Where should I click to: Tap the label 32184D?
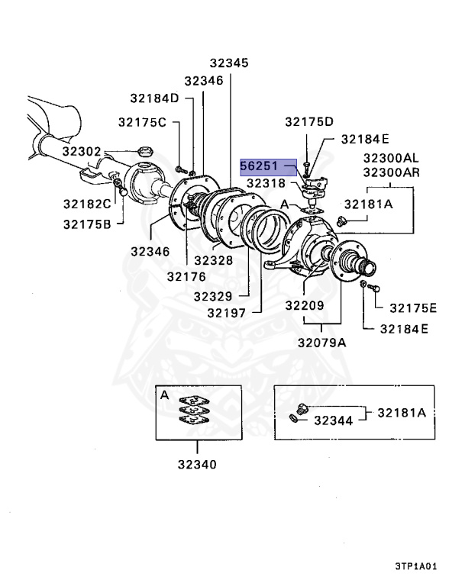(153, 98)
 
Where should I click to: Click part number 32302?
(82, 151)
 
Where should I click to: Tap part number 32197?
(228, 311)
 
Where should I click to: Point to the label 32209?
(305, 305)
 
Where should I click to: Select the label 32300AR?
(391, 172)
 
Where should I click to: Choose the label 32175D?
(309, 122)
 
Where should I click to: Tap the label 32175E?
(413, 307)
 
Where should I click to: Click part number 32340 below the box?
(197, 464)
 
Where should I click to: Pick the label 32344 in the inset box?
(333, 420)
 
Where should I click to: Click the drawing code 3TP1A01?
(415, 567)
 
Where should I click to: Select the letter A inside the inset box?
(164, 395)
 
